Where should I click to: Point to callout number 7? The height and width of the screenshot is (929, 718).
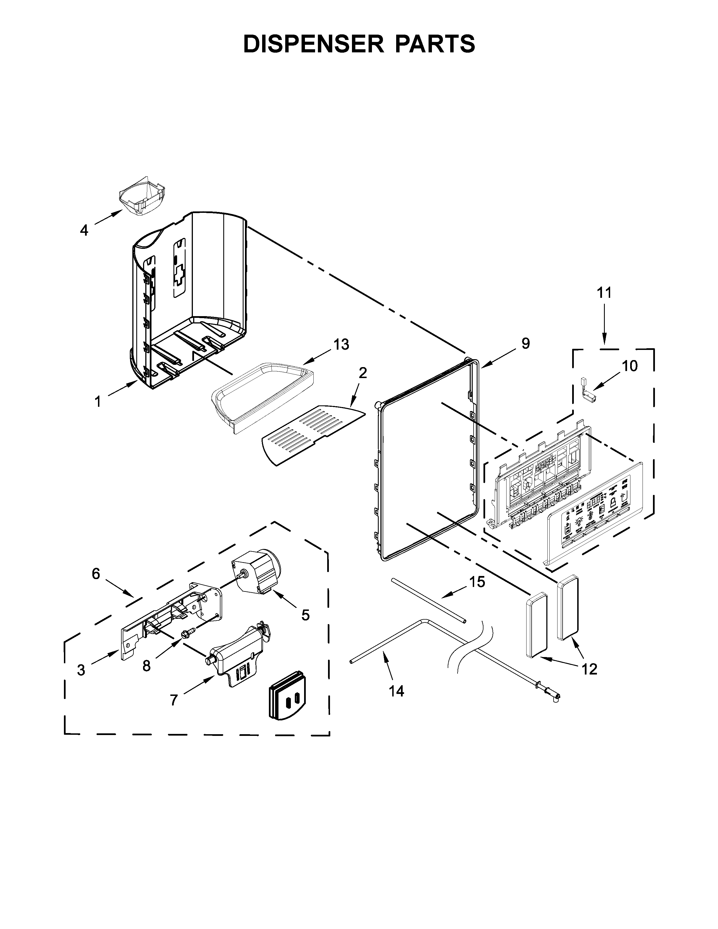[173, 700]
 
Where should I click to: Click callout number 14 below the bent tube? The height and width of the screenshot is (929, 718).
[396, 691]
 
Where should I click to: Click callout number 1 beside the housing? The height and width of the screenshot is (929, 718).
[98, 401]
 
